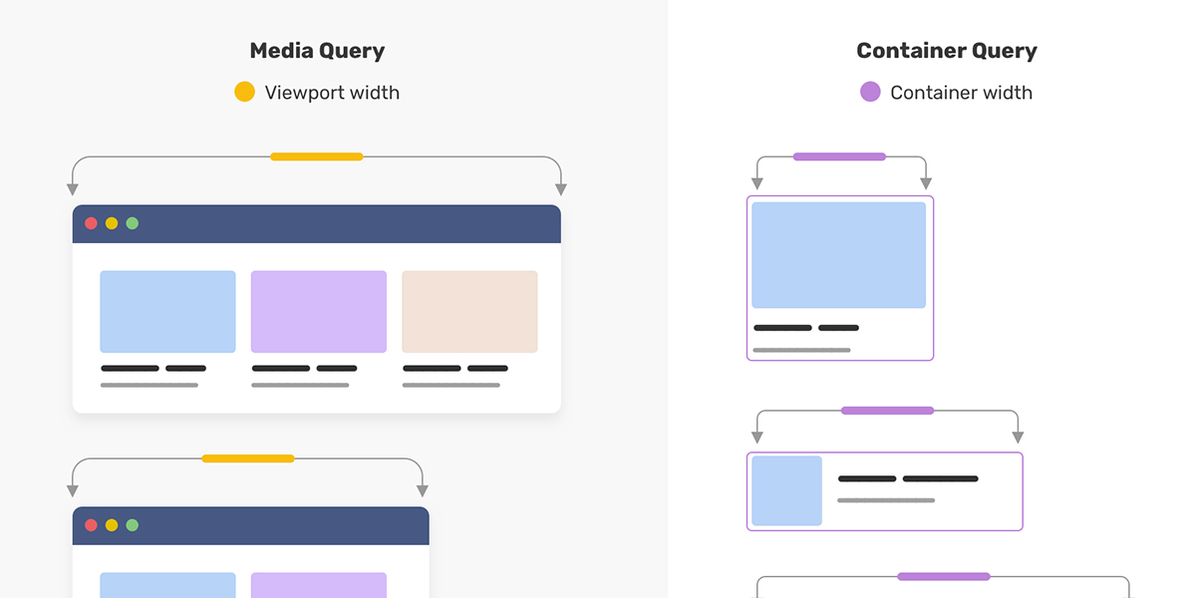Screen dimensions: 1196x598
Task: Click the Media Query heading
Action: pyautogui.click(x=317, y=51)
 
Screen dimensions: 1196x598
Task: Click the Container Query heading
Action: pyautogui.click(x=947, y=51)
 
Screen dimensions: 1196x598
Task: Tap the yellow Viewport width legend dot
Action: pyautogui.click(x=244, y=92)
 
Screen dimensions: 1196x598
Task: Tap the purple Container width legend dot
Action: pyautogui.click(x=870, y=92)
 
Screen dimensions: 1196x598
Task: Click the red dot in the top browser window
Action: pyautogui.click(x=92, y=223)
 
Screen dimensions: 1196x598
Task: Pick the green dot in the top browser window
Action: pyautogui.click(x=133, y=223)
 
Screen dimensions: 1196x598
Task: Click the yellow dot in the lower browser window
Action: pyautogui.click(x=112, y=525)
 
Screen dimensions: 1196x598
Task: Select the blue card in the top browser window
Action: pyautogui.click(x=167, y=312)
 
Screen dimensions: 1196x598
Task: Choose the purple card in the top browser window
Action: pyautogui.click(x=319, y=312)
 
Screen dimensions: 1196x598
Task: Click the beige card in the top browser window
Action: pyautogui.click(x=469, y=312)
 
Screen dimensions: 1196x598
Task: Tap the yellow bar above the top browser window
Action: pyautogui.click(x=317, y=157)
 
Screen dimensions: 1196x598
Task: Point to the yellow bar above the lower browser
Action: pyautogui.click(x=248, y=458)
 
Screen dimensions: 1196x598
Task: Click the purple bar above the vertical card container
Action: pyautogui.click(x=839, y=157)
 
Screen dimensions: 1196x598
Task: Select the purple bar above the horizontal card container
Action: pyautogui.click(x=887, y=411)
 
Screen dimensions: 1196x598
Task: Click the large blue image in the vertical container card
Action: pyautogui.click(x=839, y=255)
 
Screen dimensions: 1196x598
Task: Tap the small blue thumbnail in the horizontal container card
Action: pyautogui.click(x=787, y=490)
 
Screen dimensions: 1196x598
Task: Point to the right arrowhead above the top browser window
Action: pyautogui.click(x=560, y=189)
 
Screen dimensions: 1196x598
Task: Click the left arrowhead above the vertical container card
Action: pyautogui.click(x=757, y=183)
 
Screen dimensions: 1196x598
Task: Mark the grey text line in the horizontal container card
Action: pyautogui.click(x=886, y=500)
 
